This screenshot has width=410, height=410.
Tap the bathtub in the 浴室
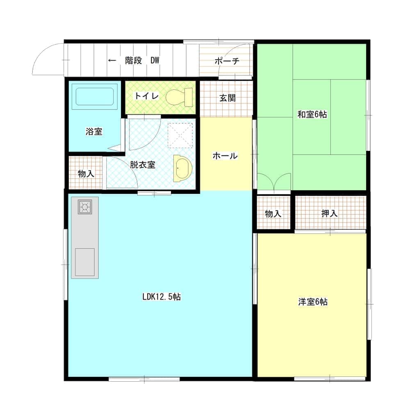point(95,96)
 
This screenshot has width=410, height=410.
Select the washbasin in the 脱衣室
point(183,169)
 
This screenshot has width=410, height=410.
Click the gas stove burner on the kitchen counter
point(85,207)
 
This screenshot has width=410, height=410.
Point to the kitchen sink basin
point(85,262)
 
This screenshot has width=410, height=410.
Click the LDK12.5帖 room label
point(162,297)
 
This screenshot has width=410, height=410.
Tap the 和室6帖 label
point(312,114)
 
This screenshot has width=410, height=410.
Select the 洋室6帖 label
point(313,302)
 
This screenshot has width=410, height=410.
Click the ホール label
point(225,156)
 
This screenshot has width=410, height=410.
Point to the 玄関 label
point(228,98)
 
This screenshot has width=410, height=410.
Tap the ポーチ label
point(227,61)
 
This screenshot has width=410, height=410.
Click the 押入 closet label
point(330,213)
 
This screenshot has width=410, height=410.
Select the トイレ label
point(146,96)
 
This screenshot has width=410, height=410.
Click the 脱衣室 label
point(143,165)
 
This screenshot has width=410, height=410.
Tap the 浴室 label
point(94,131)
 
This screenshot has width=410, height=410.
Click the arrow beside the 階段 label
point(112,61)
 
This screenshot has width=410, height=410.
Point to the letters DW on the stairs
point(155,61)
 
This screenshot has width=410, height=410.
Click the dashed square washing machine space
point(180,135)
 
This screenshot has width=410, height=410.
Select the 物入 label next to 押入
point(273,214)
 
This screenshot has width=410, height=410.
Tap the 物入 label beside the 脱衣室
point(86,173)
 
